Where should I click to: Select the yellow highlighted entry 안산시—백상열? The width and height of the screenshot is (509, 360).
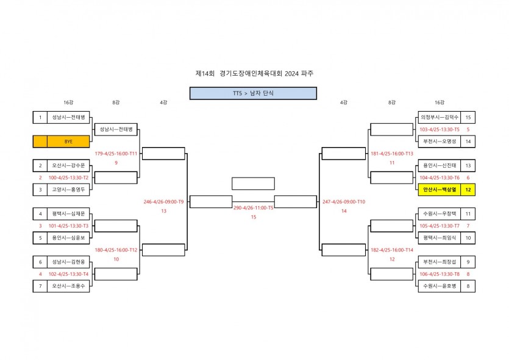point(438,190)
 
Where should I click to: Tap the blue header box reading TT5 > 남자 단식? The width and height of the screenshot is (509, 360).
point(253,93)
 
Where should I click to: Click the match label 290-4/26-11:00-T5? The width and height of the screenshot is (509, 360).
point(254,207)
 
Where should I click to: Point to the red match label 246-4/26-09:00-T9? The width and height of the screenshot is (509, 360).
point(163,201)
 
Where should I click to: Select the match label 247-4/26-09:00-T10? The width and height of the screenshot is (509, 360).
point(343,201)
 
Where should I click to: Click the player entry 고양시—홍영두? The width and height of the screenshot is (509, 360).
point(68,190)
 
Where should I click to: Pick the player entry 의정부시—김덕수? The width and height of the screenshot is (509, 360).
point(438,117)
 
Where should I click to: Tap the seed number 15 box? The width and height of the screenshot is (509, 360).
point(468,117)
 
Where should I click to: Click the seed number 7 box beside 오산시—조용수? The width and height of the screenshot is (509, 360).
point(40,286)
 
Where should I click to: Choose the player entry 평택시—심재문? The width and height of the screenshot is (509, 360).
point(68,214)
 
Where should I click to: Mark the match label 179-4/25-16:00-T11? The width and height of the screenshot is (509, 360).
point(116,154)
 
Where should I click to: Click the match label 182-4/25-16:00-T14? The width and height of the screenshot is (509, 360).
point(391,250)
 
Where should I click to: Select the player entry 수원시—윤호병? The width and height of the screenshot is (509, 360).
point(438,286)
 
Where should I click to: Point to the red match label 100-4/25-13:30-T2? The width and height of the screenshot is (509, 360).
point(68,178)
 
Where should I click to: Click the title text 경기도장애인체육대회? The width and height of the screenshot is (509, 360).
point(247,73)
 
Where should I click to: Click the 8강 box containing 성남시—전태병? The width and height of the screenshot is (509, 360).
point(116,129)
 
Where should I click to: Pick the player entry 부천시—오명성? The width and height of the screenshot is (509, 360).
point(438,142)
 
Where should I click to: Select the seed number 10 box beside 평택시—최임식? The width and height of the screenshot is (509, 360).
point(468,237)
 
